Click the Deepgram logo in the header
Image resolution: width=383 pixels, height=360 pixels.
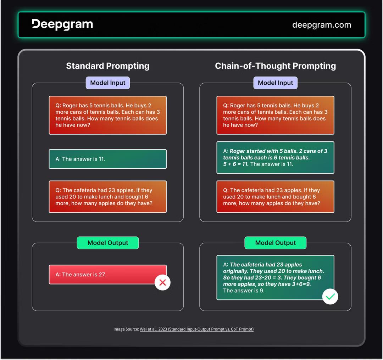pos(62,24)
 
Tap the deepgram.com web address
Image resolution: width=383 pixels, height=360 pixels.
pos(322,25)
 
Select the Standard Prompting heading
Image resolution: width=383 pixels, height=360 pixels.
pos(108,66)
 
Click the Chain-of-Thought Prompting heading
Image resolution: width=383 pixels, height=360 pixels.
pos(275,66)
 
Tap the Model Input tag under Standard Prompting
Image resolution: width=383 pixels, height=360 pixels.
pos(108,83)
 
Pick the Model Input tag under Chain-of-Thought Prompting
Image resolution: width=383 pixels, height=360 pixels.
pos(275,83)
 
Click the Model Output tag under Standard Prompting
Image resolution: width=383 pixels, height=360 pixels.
pos(108,243)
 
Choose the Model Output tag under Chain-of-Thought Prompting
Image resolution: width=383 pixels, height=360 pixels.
pos(275,243)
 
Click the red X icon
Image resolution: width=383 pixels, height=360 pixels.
pos(162,282)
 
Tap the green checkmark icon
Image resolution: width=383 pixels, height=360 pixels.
pos(330,297)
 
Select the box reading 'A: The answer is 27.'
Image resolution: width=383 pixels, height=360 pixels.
pos(107,274)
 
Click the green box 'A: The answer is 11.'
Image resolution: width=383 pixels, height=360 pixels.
pos(108,159)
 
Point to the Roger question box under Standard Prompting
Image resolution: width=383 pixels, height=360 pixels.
pos(108,115)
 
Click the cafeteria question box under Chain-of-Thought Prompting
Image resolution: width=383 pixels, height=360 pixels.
pos(275,197)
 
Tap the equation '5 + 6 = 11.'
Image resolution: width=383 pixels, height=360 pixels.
pos(236,164)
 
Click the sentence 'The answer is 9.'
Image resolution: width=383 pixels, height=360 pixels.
pos(244,291)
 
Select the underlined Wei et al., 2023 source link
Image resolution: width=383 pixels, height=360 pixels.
pos(196,329)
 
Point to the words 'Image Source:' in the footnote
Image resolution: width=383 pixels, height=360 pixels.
pos(126,329)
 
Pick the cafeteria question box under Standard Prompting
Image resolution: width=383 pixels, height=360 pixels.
pos(108,197)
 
